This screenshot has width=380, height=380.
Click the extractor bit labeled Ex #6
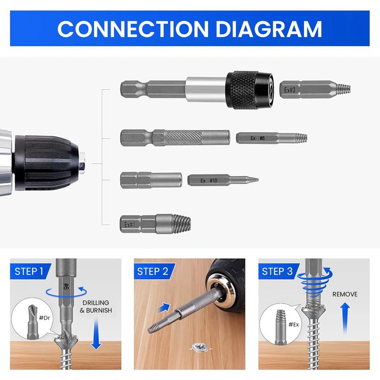tap(271, 138)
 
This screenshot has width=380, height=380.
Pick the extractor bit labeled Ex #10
tap(222, 180)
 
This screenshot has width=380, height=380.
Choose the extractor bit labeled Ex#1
tap(155, 223)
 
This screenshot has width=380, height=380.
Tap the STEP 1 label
tap(29, 272)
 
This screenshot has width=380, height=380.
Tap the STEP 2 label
tap(152, 272)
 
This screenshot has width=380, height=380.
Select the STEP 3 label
tap(277, 272)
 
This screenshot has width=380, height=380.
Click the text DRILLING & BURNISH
tap(96, 306)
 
